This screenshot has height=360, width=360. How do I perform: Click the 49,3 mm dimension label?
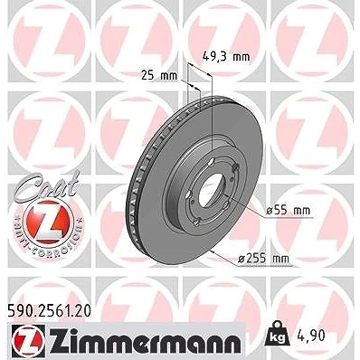[225, 56]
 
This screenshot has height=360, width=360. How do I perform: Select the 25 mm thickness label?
[159, 76]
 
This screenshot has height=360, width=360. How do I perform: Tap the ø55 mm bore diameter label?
[288, 210]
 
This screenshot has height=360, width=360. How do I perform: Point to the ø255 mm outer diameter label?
[263, 259]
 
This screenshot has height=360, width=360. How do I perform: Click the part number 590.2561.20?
[49, 311]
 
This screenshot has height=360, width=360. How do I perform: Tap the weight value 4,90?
[310, 336]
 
